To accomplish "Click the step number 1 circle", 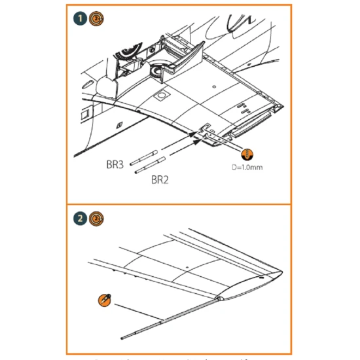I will click(77, 18).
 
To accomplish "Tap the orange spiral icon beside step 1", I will click(95, 18).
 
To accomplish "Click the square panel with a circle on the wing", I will click(159, 98).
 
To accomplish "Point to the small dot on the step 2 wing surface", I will click(187, 266).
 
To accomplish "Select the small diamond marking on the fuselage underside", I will click(118, 124).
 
